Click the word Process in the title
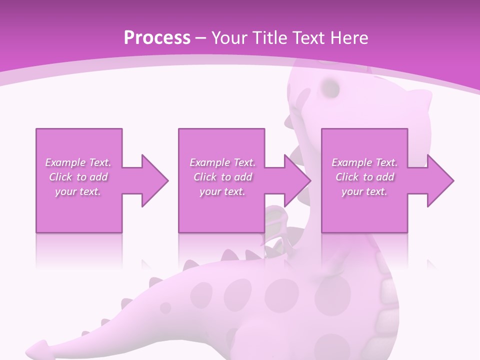(x=157, y=38)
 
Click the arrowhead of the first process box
(x=155, y=180)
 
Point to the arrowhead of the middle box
(x=297, y=180)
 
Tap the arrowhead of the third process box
(x=440, y=180)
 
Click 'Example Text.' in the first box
(x=78, y=162)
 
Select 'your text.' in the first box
(x=78, y=191)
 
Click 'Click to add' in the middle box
(x=222, y=177)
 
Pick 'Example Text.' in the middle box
(x=222, y=162)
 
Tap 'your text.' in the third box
(x=364, y=191)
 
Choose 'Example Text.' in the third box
(x=364, y=162)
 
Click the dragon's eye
(x=330, y=87)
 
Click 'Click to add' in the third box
(x=364, y=177)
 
